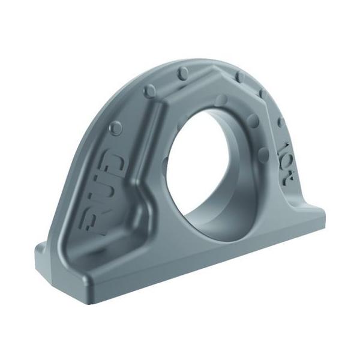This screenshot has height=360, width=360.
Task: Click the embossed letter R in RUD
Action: coord(96,221)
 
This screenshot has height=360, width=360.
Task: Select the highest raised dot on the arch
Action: coord(184,73)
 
